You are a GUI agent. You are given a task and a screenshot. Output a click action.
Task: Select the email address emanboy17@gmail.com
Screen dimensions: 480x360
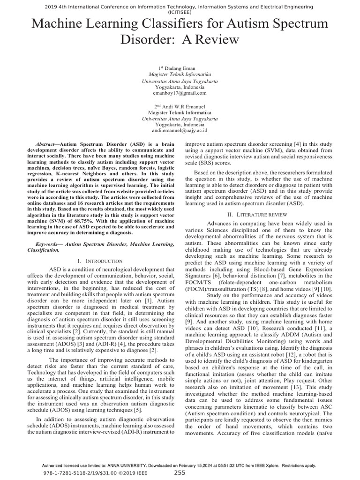[180, 93]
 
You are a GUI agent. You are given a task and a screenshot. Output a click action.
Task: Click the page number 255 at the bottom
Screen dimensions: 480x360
[180, 473]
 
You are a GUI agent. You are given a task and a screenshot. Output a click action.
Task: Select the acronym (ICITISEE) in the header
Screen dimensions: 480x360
[180, 13]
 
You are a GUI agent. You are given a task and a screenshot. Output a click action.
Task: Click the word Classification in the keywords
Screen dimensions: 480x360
[43, 250]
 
